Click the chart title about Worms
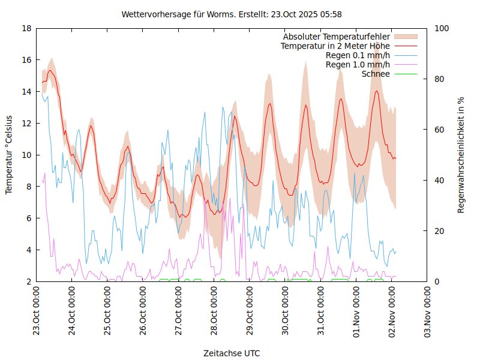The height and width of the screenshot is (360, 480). (x=232, y=14)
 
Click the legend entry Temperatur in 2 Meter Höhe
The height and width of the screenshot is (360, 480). (x=335, y=46)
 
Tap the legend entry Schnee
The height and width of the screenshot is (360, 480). (x=376, y=74)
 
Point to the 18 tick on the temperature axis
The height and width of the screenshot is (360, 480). (x=26, y=28)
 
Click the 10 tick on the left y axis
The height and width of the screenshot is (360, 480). (x=26, y=155)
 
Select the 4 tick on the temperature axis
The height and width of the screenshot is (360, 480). (x=29, y=250)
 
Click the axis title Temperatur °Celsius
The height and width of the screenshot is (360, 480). (x=9, y=155)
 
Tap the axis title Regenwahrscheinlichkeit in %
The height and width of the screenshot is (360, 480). (x=461, y=155)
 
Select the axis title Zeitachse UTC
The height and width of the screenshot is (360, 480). (x=232, y=353)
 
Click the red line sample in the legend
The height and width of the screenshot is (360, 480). (x=405, y=46)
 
